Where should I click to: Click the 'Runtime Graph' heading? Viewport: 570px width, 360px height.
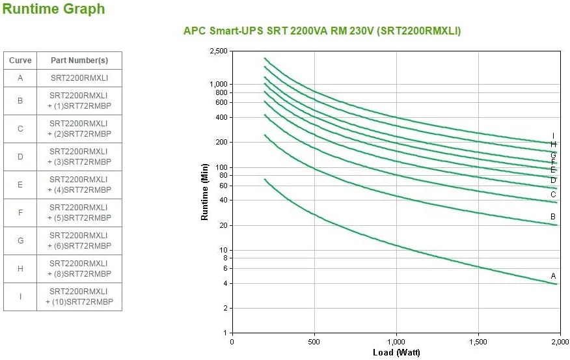pos(53,9)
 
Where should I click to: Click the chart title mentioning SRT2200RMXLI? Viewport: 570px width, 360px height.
pos(322,31)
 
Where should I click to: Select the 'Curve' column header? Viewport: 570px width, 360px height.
pos(20,61)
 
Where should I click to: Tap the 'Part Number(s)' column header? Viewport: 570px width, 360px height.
pos(79,61)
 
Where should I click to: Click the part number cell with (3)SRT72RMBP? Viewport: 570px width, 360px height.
pos(79,156)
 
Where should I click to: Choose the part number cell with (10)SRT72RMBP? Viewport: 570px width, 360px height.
pos(79,296)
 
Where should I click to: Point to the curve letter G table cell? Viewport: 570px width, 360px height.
pos(20,240)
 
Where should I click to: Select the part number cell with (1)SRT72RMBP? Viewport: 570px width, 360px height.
pos(79,101)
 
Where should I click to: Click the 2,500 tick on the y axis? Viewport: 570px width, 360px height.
pos(219,51)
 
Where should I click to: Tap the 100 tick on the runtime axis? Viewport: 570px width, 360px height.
pos(221,167)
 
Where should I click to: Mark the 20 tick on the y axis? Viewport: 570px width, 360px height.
pos(223,225)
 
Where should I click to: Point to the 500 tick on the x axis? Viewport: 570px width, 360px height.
pos(314,342)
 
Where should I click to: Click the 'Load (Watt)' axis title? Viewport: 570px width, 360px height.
pos(396,352)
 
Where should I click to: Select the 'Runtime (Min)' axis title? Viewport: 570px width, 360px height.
pos(204,192)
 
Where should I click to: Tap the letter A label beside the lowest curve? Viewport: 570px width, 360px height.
pos(553,276)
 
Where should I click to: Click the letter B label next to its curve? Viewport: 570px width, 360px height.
pos(553,217)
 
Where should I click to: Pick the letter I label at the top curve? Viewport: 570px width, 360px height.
pos(553,136)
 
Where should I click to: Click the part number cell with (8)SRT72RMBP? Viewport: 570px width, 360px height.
pos(79,268)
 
